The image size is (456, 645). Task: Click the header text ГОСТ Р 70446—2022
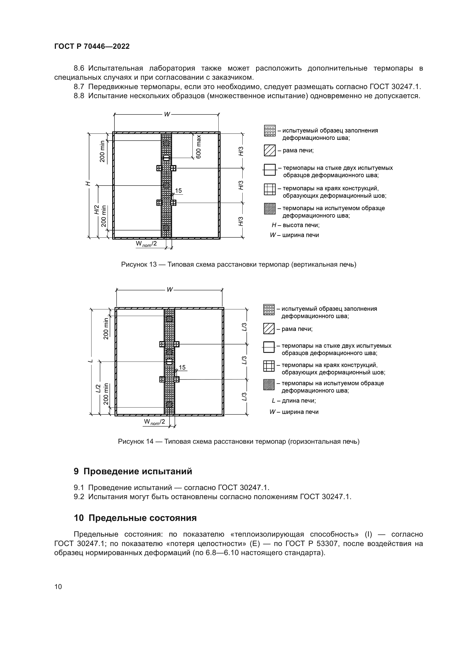92,47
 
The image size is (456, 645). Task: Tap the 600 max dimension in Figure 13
199,146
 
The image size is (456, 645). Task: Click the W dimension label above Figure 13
167,114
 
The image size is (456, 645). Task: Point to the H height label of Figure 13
88,183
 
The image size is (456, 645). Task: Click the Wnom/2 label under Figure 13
146,244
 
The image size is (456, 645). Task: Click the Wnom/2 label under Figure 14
154,422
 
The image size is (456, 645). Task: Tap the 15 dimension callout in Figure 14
182,367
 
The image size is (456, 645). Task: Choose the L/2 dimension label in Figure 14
98,388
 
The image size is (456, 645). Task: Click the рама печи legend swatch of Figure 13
270,151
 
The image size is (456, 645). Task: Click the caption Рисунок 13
238,265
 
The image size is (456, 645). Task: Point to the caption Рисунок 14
238,441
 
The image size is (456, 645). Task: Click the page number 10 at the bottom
58,587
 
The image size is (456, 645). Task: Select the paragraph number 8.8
79,96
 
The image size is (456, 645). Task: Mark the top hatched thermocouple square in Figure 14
169,319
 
